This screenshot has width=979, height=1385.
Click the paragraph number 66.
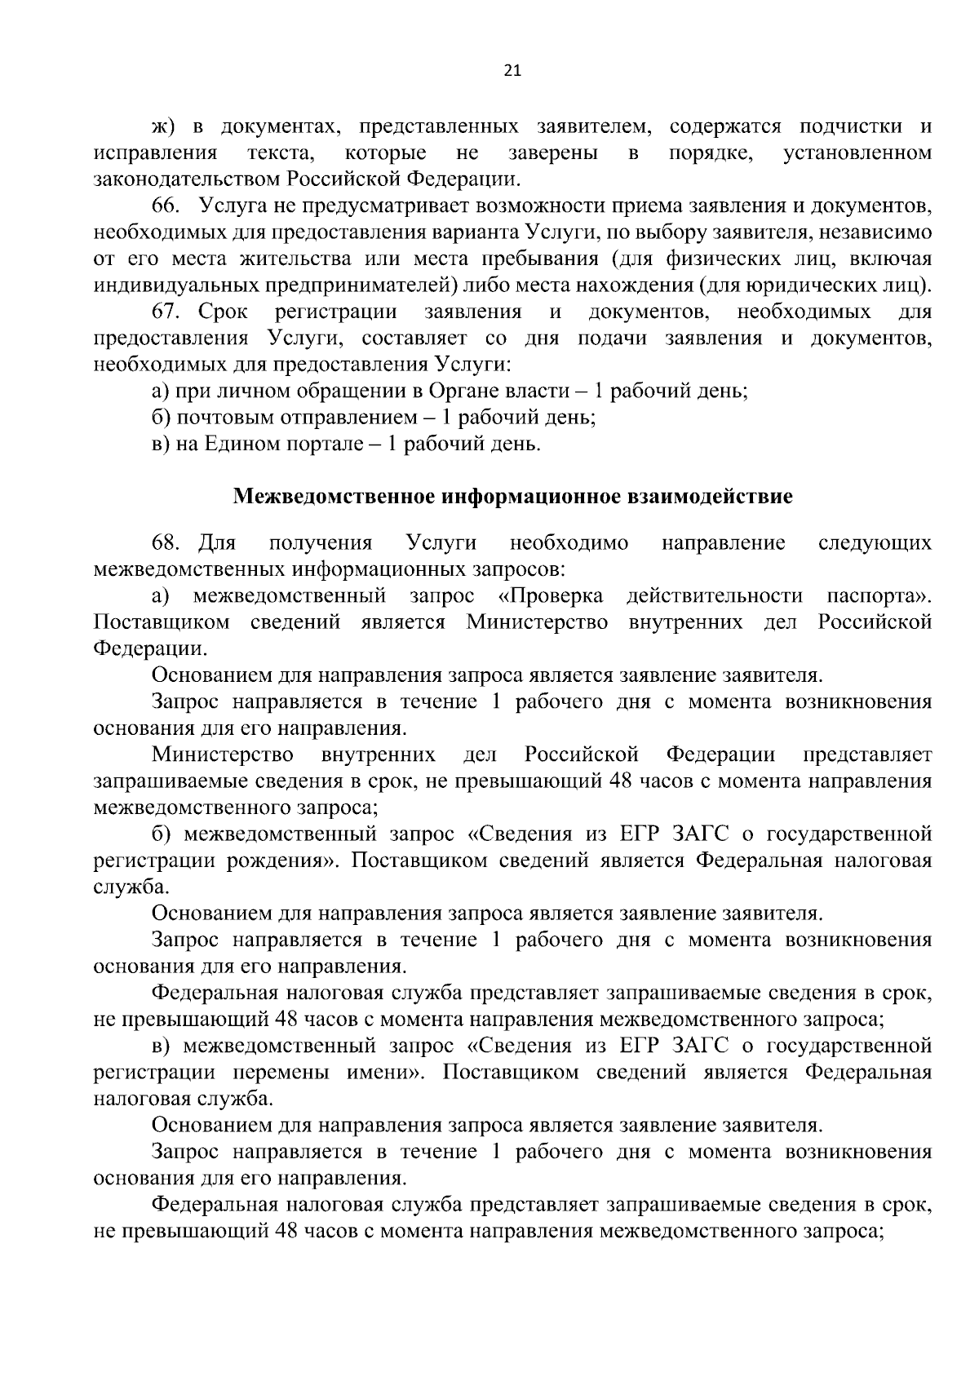tap(165, 206)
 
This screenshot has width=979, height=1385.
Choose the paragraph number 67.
tap(165, 312)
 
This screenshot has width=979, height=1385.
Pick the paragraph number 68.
tap(165, 543)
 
